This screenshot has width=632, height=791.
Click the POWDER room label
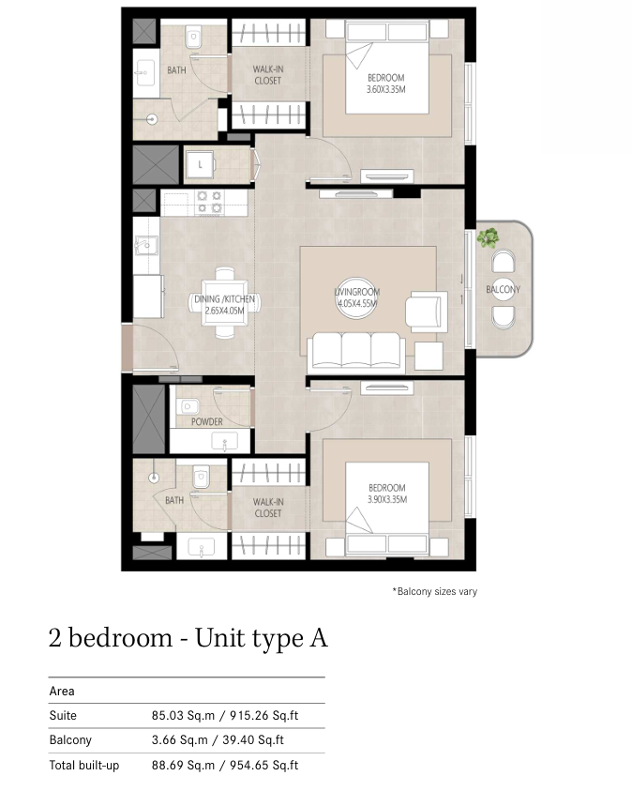(x=206, y=421)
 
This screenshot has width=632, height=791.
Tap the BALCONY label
(x=503, y=290)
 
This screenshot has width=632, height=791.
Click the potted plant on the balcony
(x=488, y=237)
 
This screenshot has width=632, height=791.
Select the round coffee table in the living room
(x=356, y=297)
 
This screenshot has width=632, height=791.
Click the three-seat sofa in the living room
(x=356, y=351)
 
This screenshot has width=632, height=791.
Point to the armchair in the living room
(x=427, y=312)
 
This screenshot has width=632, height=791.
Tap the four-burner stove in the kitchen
(x=209, y=202)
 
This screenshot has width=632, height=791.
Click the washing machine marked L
(x=200, y=164)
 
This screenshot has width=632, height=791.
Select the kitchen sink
(x=145, y=246)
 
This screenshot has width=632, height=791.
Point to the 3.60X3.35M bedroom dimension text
(x=385, y=89)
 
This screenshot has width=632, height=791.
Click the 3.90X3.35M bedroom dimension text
(x=387, y=499)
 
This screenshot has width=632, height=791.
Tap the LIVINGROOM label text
(x=357, y=292)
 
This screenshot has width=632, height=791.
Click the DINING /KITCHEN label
(x=224, y=299)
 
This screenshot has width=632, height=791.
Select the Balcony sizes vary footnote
(x=434, y=591)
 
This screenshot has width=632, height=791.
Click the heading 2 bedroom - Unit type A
(x=188, y=638)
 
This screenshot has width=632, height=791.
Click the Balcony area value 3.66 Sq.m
(x=179, y=740)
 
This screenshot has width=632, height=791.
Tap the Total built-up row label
(x=84, y=766)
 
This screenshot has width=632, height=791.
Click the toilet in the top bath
(x=193, y=38)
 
